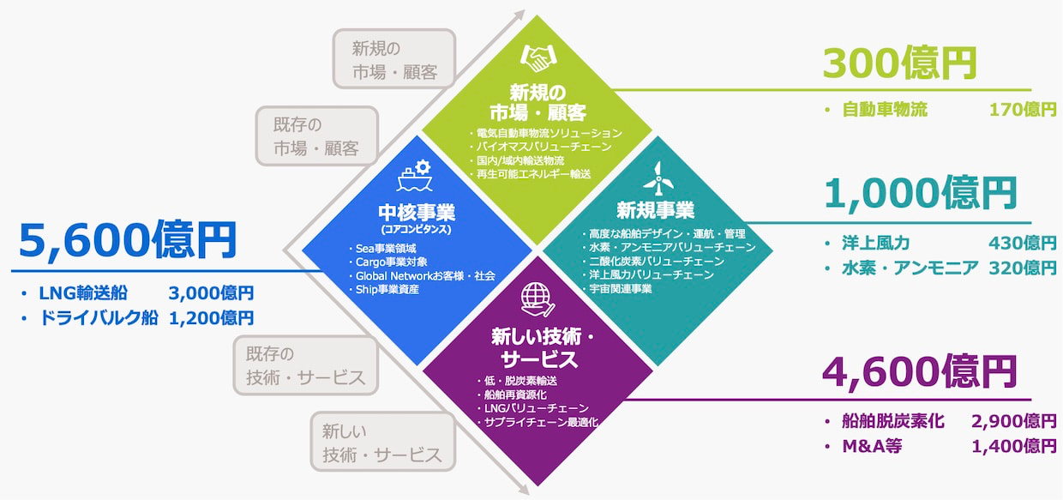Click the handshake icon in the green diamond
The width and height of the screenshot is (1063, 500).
(538, 58)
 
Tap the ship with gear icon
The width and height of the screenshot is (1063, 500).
(415, 176)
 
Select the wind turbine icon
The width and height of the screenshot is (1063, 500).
(658, 178)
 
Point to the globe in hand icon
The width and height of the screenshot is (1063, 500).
(538, 299)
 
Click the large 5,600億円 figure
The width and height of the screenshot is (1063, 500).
(128, 239)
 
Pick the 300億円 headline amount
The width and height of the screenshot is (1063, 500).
(899, 63)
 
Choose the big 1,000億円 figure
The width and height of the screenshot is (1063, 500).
(920, 193)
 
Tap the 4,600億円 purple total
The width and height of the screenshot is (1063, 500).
(919, 372)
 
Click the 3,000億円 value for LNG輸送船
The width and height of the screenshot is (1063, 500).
(211, 293)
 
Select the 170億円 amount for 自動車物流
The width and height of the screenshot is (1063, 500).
(1023, 110)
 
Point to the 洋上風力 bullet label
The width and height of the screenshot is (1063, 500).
(875, 243)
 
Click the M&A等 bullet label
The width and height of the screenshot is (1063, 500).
(872, 446)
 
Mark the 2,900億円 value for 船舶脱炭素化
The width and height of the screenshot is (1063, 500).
(1014, 421)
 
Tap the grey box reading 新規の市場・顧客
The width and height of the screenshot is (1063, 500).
(394, 59)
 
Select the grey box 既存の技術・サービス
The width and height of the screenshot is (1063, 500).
(305, 365)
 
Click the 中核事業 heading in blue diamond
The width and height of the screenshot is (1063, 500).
(417, 212)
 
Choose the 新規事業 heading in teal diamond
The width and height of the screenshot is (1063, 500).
(655, 210)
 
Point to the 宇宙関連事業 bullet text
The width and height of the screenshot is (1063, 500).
(621, 288)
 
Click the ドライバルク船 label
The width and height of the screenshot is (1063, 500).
(99, 317)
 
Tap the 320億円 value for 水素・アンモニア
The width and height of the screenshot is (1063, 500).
(1023, 268)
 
